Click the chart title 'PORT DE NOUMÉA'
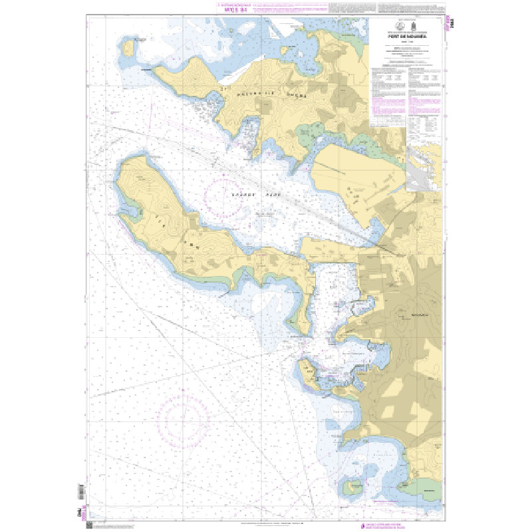[x=407, y=37]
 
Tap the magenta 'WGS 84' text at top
[x=235, y=10]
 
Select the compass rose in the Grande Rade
[x=224, y=196]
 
